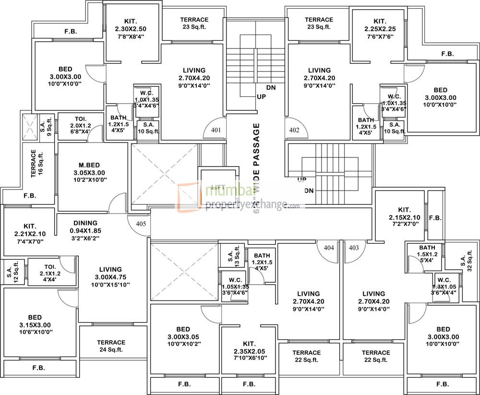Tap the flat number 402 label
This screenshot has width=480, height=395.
click(x=294, y=130)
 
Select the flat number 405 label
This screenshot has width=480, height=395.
click(x=140, y=223)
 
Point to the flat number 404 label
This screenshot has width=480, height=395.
click(x=329, y=248)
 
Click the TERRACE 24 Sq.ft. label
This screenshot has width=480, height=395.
click(x=111, y=346)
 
